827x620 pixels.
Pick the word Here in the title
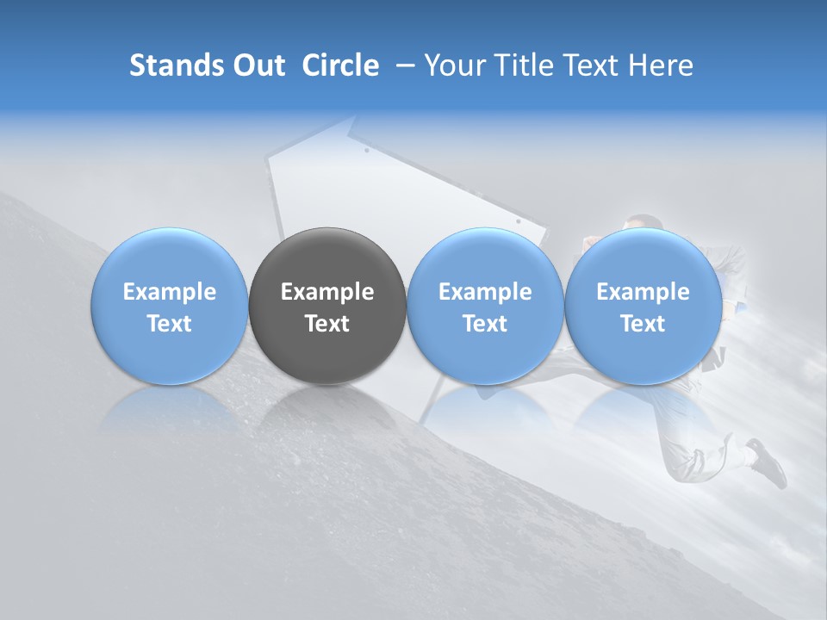[x=661, y=65]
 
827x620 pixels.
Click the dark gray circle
[x=327, y=306]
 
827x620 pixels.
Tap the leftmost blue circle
[x=169, y=306]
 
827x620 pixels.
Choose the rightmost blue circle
[x=644, y=306]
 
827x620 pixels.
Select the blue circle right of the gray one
[x=485, y=306]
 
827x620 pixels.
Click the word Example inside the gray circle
[x=327, y=292]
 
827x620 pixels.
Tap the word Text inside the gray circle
[x=327, y=324]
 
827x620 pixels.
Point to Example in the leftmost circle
[x=169, y=292]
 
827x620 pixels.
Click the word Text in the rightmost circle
[x=644, y=324]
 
